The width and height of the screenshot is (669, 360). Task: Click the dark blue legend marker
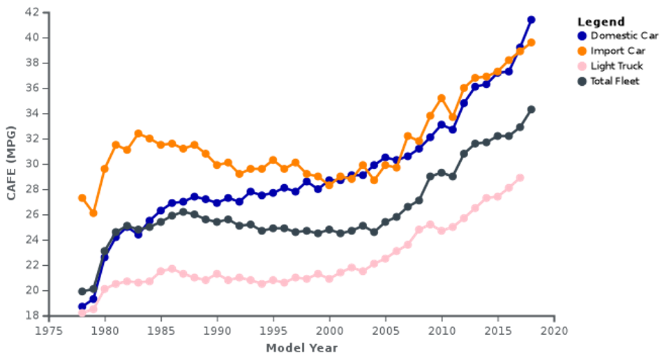pos(582,36)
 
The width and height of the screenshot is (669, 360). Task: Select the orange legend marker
pos(582,51)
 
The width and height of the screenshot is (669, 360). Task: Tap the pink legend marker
pos(582,66)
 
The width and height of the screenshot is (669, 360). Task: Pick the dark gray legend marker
pos(582,81)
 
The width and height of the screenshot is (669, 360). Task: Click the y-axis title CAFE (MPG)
pos(11,164)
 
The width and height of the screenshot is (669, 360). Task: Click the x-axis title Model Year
pos(301,347)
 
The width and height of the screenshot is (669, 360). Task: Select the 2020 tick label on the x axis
pos(555,329)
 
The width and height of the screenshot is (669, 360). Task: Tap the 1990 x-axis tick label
pos(217,329)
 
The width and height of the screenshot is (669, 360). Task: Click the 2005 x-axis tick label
pos(386,329)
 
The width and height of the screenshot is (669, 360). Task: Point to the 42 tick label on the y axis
pos(31,12)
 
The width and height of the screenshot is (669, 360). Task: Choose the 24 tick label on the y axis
pos(31,240)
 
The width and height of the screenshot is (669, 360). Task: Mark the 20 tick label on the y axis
pos(31,290)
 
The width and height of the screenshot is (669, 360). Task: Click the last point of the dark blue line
pos(531,20)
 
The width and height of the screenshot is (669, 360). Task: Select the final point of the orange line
pos(531,43)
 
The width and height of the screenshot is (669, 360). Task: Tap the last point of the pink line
pos(520,178)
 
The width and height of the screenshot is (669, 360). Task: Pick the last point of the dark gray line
pos(531,110)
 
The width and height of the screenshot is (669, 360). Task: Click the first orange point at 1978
pos(82,198)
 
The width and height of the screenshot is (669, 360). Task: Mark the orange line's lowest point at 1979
pos(93,213)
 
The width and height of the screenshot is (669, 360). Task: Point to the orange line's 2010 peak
pos(442,98)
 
